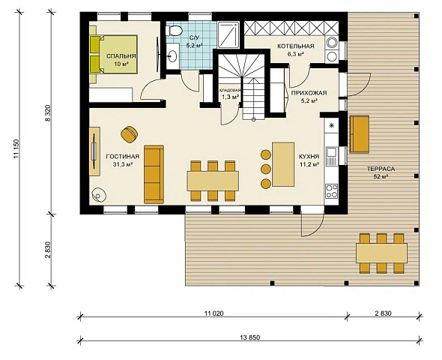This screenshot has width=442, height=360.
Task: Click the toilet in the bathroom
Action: (x=174, y=31)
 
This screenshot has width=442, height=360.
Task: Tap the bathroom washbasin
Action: (x=172, y=55)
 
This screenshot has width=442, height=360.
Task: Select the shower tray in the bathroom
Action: (x=228, y=35)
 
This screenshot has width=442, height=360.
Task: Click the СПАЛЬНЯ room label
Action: (x=121, y=56)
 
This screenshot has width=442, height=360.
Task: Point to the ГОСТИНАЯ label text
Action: (x=123, y=157)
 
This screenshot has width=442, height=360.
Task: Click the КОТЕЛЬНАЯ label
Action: (x=296, y=46)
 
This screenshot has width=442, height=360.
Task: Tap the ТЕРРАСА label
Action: (x=381, y=169)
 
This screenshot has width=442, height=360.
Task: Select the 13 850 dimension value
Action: (x=250, y=337)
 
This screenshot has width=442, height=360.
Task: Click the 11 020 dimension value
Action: (x=214, y=313)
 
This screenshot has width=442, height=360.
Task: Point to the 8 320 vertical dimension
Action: (x=48, y=113)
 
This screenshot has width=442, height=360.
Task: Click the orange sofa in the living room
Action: (x=154, y=174)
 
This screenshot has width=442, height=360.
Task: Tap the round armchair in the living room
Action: (x=130, y=134)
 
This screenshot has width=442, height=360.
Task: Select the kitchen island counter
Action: (x=283, y=164)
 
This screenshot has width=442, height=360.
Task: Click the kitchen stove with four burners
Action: (x=331, y=190)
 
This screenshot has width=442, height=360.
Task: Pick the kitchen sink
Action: (x=331, y=157)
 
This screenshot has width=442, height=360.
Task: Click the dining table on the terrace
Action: (x=381, y=253)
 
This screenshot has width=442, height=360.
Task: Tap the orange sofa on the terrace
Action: (x=360, y=134)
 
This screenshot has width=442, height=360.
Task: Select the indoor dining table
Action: (x=213, y=181)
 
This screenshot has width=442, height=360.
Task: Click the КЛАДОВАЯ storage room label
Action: (x=230, y=90)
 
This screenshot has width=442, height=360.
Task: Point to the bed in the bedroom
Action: (x=114, y=54)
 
